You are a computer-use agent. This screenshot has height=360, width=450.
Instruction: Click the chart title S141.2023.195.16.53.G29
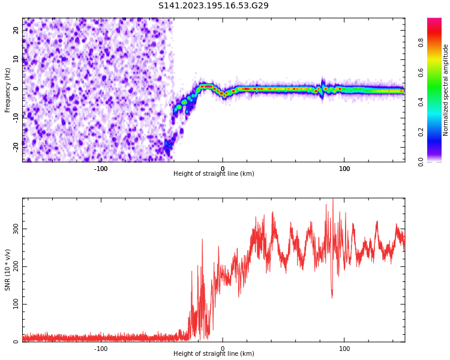[x=213, y=6]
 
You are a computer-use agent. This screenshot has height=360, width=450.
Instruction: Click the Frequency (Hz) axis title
[x=8, y=90]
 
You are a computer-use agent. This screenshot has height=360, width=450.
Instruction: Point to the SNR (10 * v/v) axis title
[x=8, y=270]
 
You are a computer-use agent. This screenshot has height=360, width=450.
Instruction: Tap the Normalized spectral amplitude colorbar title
[x=446, y=90]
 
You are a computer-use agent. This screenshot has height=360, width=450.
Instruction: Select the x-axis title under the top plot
[x=214, y=174]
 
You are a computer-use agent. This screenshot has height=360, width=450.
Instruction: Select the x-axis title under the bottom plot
[x=214, y=354]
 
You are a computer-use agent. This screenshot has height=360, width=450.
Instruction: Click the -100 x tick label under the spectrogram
[x=101, y=169]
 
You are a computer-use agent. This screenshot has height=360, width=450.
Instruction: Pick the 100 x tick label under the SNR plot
[x=344, y=349]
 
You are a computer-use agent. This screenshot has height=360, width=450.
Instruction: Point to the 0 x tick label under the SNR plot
[x=223, y=349]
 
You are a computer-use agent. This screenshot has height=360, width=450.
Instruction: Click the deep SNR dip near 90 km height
[x=332, y=295]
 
